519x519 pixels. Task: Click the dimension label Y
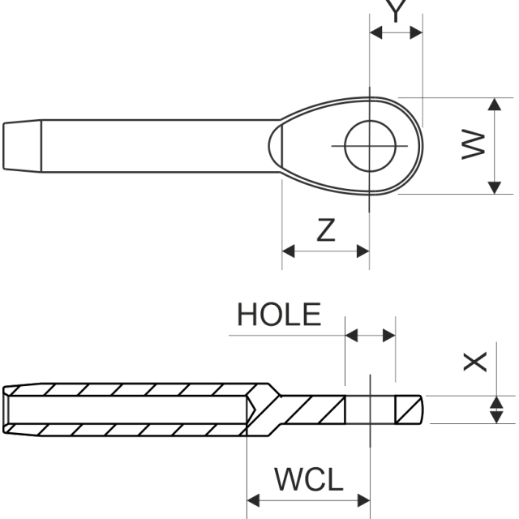tap(395, 11)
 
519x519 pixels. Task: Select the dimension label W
tap(474, 146)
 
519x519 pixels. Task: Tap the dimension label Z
tap(325, 230)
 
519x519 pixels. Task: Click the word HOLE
tap(279, 315)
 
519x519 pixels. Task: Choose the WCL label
tap(308, 479)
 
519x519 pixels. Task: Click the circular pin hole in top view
tap(370, 146)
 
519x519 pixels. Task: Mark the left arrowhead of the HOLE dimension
tap(351, 334)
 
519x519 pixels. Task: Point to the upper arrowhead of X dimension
tap(494, 401)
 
